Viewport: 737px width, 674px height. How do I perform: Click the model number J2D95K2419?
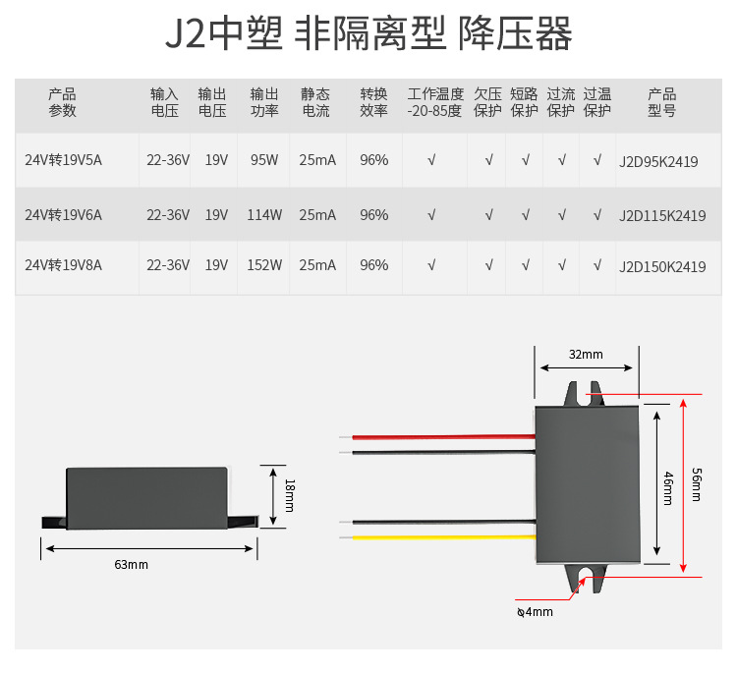658,161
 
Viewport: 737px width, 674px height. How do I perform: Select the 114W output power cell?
264,214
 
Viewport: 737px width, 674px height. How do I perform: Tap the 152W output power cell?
264,265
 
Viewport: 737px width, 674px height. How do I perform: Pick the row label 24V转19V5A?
63,160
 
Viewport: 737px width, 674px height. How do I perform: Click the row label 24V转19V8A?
63,265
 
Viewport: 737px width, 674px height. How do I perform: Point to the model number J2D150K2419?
662,266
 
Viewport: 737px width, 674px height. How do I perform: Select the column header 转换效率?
373,102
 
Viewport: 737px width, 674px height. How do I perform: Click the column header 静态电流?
315,102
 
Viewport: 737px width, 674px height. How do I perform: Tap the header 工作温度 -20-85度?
434,102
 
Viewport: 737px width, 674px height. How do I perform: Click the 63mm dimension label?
131,565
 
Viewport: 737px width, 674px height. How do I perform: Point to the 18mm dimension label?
289,495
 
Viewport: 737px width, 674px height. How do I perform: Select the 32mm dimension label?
586,354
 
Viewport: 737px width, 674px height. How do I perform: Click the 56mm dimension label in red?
697,483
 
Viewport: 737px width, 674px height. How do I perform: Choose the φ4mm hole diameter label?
535,612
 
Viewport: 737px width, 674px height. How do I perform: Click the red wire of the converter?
442,436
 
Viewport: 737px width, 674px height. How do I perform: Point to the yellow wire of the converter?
442,537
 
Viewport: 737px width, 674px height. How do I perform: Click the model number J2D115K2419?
662,215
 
